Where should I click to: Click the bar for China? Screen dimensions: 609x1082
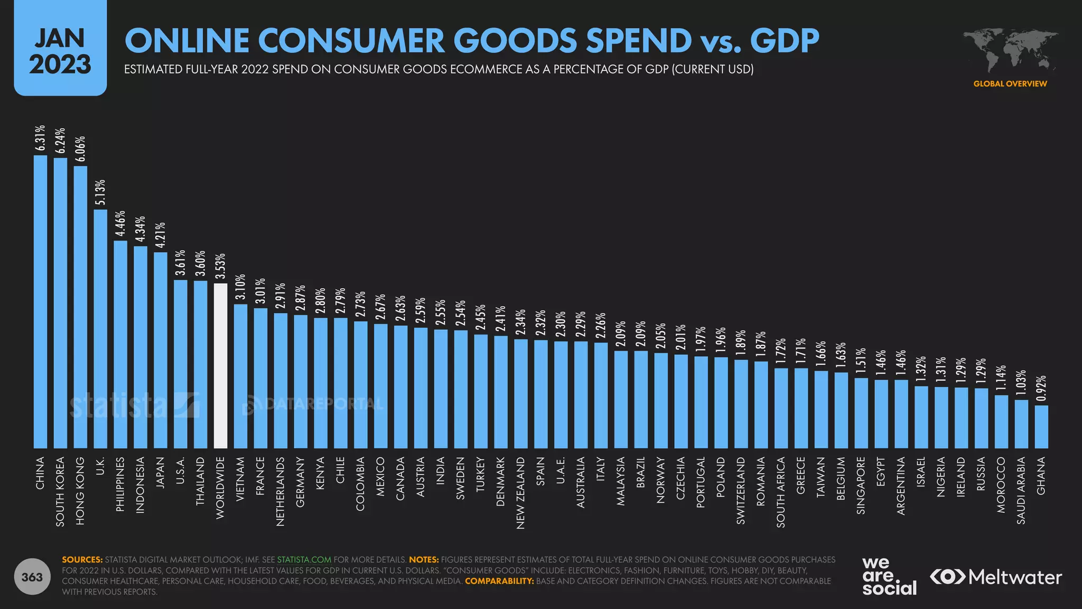pos(40,301)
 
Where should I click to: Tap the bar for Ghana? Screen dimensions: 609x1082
pos(1041,427)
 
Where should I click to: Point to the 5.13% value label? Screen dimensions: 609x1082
pos(100,192)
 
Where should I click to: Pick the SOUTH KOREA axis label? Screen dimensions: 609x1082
pos(60,491)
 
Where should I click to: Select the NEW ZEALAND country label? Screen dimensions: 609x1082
pos(520,493)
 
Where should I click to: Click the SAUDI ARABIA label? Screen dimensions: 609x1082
pos(1021,490)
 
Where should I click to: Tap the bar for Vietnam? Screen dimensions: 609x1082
pos(240,376)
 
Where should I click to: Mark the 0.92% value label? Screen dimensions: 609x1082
pos(1041,389)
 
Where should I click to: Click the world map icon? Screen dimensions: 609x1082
pos(1010,50)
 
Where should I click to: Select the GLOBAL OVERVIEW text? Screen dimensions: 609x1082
pos(1010,84)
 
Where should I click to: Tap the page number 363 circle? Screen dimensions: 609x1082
pos(32,577)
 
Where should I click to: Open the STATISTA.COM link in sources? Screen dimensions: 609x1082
pos(304,559)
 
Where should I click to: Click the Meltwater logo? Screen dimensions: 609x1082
pos(995,577)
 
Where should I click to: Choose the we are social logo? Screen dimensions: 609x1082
pos(889,576)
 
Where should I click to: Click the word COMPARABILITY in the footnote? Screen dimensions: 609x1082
pos(499,581)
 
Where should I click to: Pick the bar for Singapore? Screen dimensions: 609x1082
pos(861,413)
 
